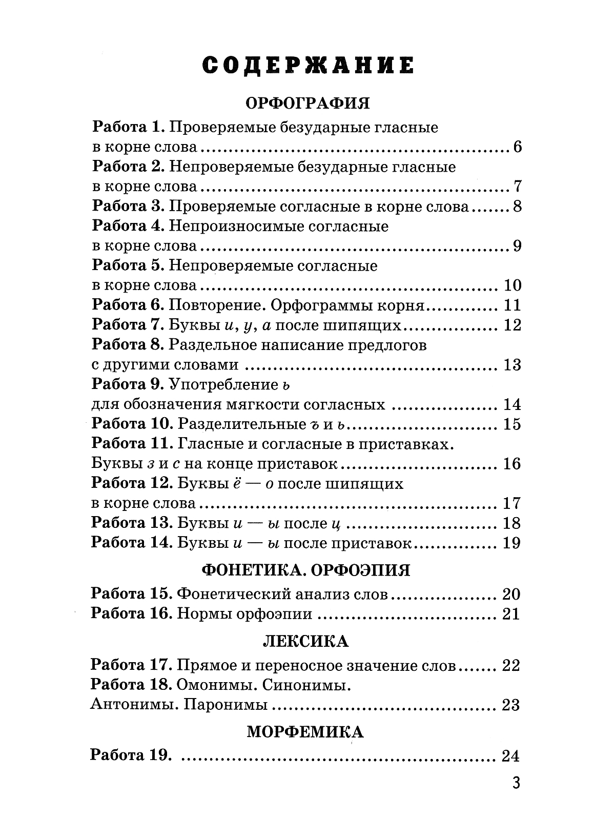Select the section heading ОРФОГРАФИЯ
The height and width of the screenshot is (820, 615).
coord(307,103)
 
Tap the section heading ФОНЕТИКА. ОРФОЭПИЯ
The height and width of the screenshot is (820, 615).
coord(306,570)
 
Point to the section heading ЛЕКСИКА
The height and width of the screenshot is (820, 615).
coord(306,641)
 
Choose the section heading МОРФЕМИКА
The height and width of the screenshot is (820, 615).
coord(305,732)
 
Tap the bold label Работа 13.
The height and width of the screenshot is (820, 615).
coord(131,523)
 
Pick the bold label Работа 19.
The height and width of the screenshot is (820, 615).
coord(130,755)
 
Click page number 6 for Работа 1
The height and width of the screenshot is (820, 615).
coord(516,148)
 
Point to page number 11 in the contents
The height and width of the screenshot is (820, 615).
coord(512,305)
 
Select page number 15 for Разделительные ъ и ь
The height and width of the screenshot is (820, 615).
coord(512,424)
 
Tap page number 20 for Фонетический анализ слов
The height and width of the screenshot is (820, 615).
coord(511,594)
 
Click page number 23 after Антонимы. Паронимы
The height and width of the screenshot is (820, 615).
coord(510,706)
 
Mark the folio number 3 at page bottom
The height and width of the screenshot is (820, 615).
coord(516,783)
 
